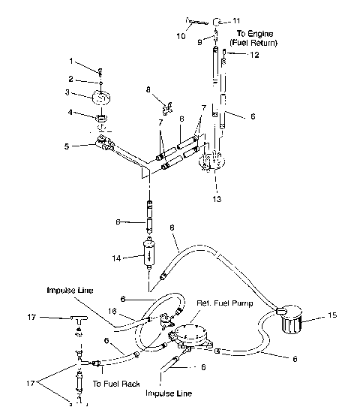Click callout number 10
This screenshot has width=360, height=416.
click(181, 35)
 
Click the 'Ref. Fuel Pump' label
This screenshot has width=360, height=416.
click(223, 303)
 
